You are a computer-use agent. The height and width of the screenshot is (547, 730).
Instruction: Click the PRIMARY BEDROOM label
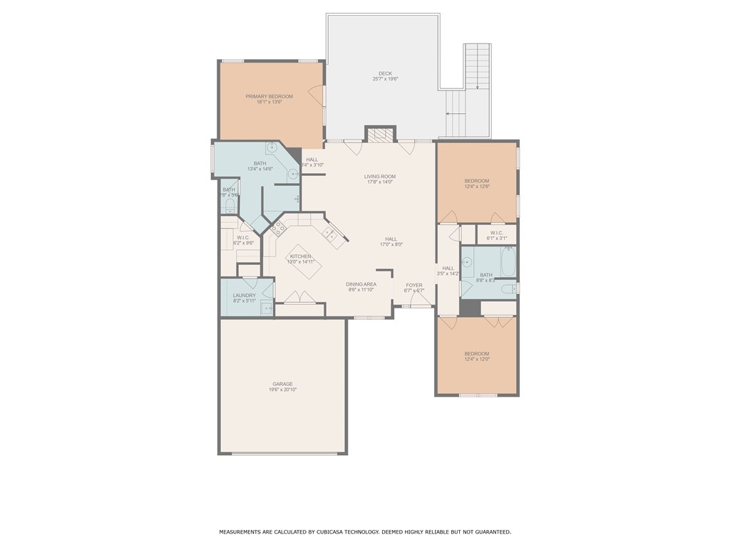[269, 96]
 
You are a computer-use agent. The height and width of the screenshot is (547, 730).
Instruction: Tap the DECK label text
[385, 73]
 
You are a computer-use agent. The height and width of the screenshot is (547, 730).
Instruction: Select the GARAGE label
[282, 384]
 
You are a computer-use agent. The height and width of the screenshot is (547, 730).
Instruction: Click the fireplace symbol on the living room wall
[381, 135]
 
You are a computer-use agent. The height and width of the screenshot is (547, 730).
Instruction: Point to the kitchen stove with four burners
[278, 228]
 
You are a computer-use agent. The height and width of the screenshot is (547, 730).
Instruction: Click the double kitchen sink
[330, 233]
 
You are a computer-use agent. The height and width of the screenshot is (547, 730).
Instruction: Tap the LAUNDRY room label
[244, 295]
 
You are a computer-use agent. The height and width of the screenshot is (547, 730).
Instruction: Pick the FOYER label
[414, 285]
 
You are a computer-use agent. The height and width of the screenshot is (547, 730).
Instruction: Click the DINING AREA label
[361, 283]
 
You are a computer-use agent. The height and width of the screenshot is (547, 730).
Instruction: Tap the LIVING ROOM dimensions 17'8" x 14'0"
[380, 182]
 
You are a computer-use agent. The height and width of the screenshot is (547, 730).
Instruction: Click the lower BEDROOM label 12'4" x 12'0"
[477, 354]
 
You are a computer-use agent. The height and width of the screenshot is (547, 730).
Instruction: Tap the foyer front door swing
[419, 300]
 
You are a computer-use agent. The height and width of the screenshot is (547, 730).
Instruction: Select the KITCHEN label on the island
[300, 256]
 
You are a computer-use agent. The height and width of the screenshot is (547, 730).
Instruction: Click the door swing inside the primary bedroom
[316, 93]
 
